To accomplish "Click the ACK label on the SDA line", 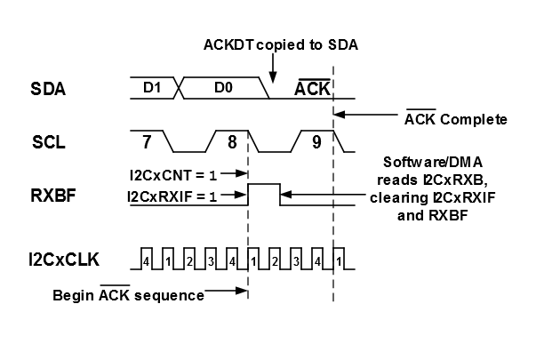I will click(313, 87).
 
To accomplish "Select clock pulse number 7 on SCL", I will click(146, 140).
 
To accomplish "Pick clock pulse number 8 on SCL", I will click(231, 140).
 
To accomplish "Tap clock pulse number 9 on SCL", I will click(316, 140).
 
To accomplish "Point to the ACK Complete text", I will click(455, 118).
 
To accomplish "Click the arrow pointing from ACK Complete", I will click(364, 114).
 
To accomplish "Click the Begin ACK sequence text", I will click(128, 294).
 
